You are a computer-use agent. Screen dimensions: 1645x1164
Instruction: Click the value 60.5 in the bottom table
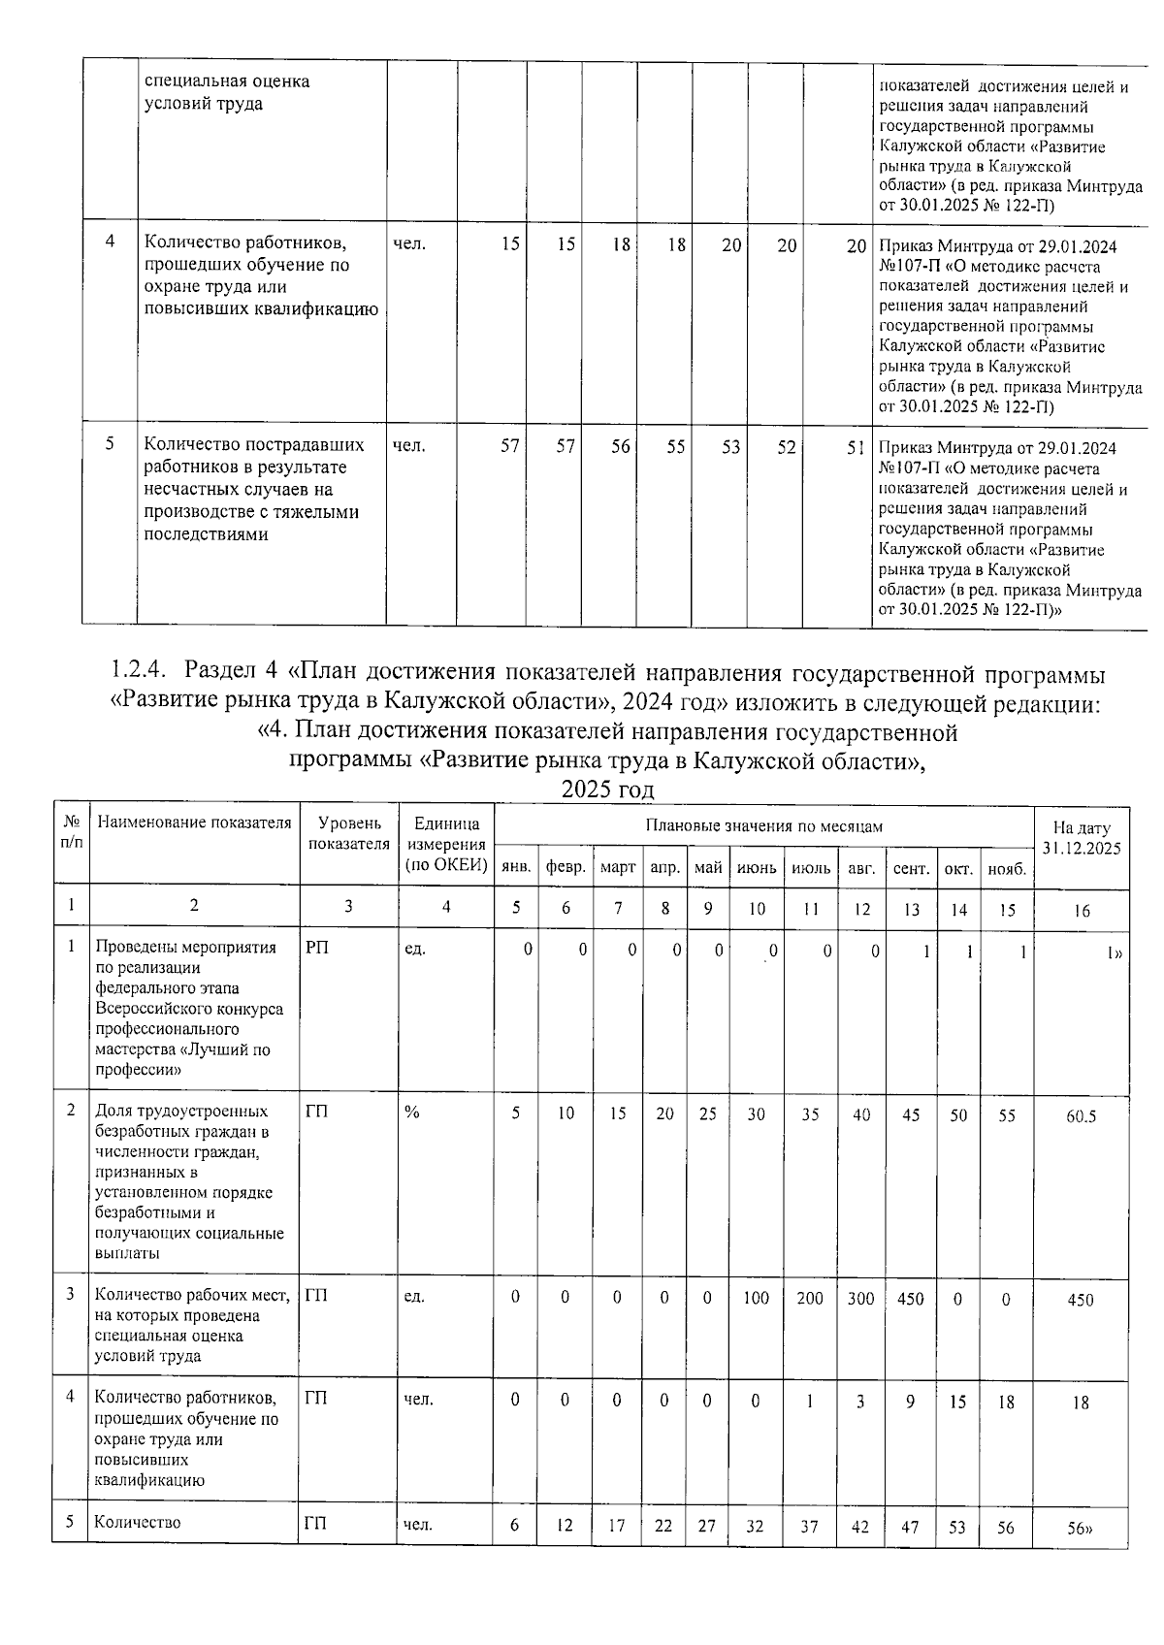[x=1081, y=1116]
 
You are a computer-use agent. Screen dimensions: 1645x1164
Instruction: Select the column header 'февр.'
[x=566, y=868]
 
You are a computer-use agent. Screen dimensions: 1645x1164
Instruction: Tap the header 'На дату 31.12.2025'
[x=1081, y=838]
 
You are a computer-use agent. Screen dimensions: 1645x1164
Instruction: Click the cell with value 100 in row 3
[x=756, y=1298]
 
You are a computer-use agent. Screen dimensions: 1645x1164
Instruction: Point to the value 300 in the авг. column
[x=860, y=1298]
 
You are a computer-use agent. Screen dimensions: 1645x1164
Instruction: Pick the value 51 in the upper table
[x=855, y=447]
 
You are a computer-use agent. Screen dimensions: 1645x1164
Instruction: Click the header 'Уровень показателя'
[x=348, y=834]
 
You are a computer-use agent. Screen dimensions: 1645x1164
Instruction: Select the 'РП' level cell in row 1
[x=317, y=948]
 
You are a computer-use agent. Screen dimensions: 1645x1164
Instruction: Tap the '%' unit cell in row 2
[x=412, y=1113]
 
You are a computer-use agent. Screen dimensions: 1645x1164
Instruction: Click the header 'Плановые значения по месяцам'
[x=764, y=826]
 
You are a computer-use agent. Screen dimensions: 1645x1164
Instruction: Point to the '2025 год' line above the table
[x=607, y=790]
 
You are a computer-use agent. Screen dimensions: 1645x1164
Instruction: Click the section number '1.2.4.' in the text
[x=141, y=671]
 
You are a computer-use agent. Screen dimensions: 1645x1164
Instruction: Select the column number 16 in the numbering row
[x=1081, y=910]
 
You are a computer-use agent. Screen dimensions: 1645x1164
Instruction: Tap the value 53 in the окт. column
[x=957, y=1526]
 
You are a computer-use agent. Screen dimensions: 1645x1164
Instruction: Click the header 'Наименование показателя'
[x=194, y=823]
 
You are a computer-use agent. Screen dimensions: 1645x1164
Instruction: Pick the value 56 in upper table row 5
[x=621, y=447]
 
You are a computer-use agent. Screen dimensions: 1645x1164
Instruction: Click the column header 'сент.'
[x=911, y=868]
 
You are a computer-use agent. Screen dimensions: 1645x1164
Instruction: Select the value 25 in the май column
[x=708, y=1114]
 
